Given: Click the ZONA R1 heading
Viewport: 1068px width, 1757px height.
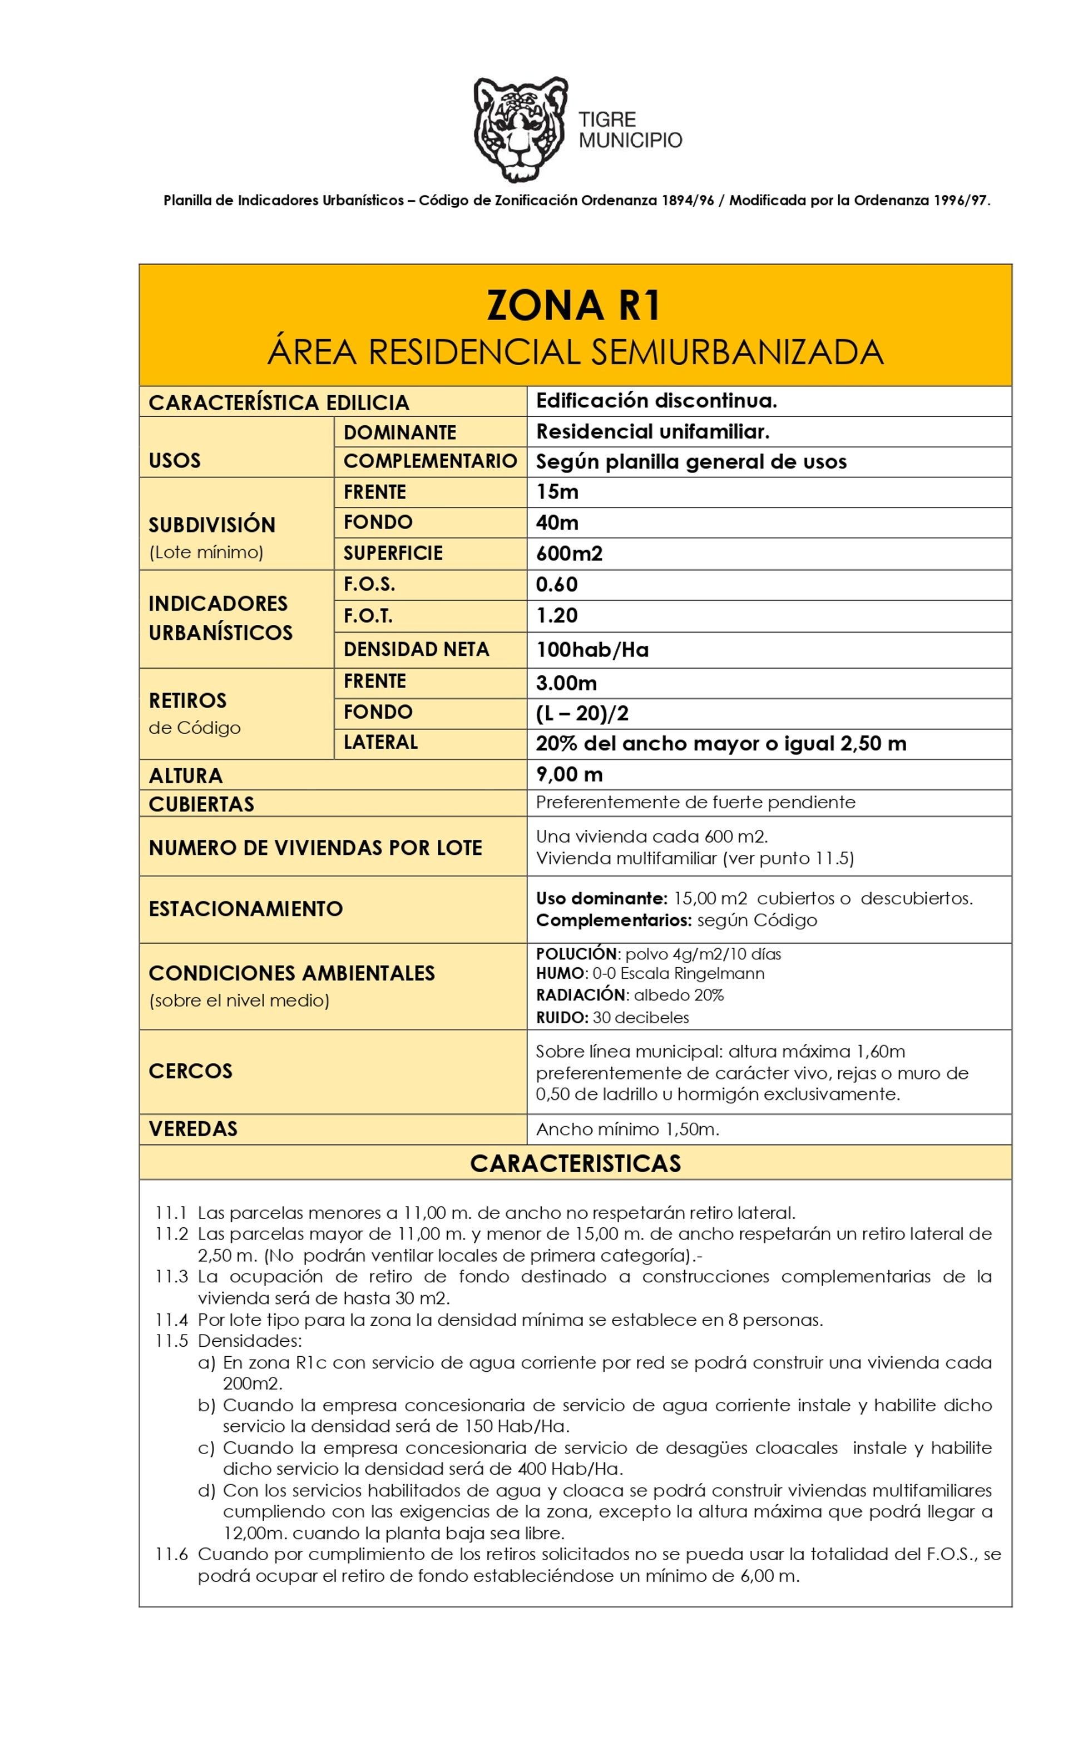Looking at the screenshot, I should (x=574, y=306).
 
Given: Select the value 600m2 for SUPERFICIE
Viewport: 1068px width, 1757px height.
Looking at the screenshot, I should (x=568, y=554).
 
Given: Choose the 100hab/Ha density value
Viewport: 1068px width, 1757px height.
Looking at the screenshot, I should (x=592, y=650).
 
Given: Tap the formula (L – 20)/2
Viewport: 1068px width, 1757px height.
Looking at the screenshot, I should (x=582, y=713).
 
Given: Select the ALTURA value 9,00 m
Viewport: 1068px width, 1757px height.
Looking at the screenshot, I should (x=569, y=774).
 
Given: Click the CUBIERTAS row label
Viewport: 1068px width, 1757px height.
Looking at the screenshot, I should (x=201, y=804).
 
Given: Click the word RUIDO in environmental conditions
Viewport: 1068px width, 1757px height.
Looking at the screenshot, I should (x=561, y=1018).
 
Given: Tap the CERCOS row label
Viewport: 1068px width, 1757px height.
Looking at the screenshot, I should (x=190, y=1071).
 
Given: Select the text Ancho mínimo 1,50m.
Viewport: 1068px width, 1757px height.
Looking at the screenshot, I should (x=627, y=1129).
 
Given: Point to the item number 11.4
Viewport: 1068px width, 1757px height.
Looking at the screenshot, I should (x=171, y=1320).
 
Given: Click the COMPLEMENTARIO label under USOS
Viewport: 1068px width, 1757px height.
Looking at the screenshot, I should (x=429, y=461).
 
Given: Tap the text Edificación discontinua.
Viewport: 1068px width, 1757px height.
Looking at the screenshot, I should (x=656, y=401).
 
